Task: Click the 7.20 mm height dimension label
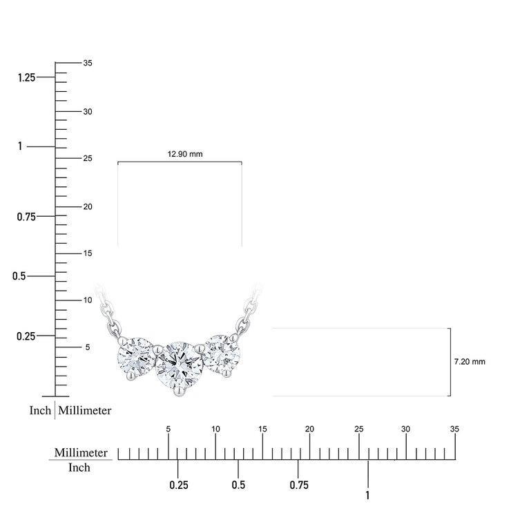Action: (x=470, y=361)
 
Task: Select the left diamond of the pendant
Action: (x=136, y=356)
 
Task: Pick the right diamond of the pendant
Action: (x=221, y=356)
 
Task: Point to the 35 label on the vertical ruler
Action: (x=88, y=63)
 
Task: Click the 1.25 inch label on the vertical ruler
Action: (x=26, y=78)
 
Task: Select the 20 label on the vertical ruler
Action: (x=88, y=206)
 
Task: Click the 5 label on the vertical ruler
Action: (x=87, y=347)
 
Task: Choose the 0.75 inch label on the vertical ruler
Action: (x=26, y=217)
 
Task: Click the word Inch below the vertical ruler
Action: (x=40, y=410)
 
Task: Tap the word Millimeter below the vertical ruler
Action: (x=85, y=410)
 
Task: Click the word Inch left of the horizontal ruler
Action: (x=79, y=467)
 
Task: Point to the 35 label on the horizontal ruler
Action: (x=454, y=429)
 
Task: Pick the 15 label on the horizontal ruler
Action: (x=262, y=429)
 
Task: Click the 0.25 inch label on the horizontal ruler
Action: (x=179, y=485)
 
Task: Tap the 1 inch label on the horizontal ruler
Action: (x=368, y=495)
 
